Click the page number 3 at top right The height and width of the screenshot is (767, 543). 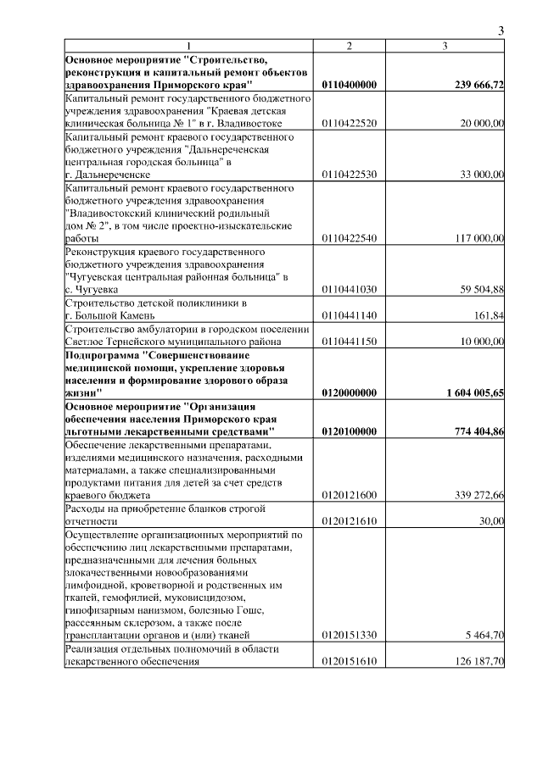point(501,31)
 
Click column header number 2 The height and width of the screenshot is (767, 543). point(350,46)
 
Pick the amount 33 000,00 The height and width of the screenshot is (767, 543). point(482,175)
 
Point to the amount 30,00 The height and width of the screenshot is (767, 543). point(493,521)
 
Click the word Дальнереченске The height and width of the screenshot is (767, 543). point(114,175)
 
